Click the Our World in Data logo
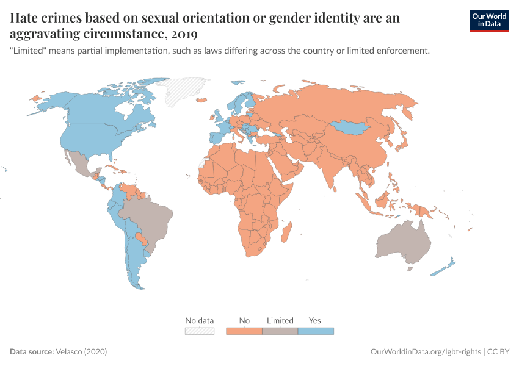488,20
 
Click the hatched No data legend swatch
200,331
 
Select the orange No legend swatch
244,331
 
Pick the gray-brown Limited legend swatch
280,331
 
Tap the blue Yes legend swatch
316,331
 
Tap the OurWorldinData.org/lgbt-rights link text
425,352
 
